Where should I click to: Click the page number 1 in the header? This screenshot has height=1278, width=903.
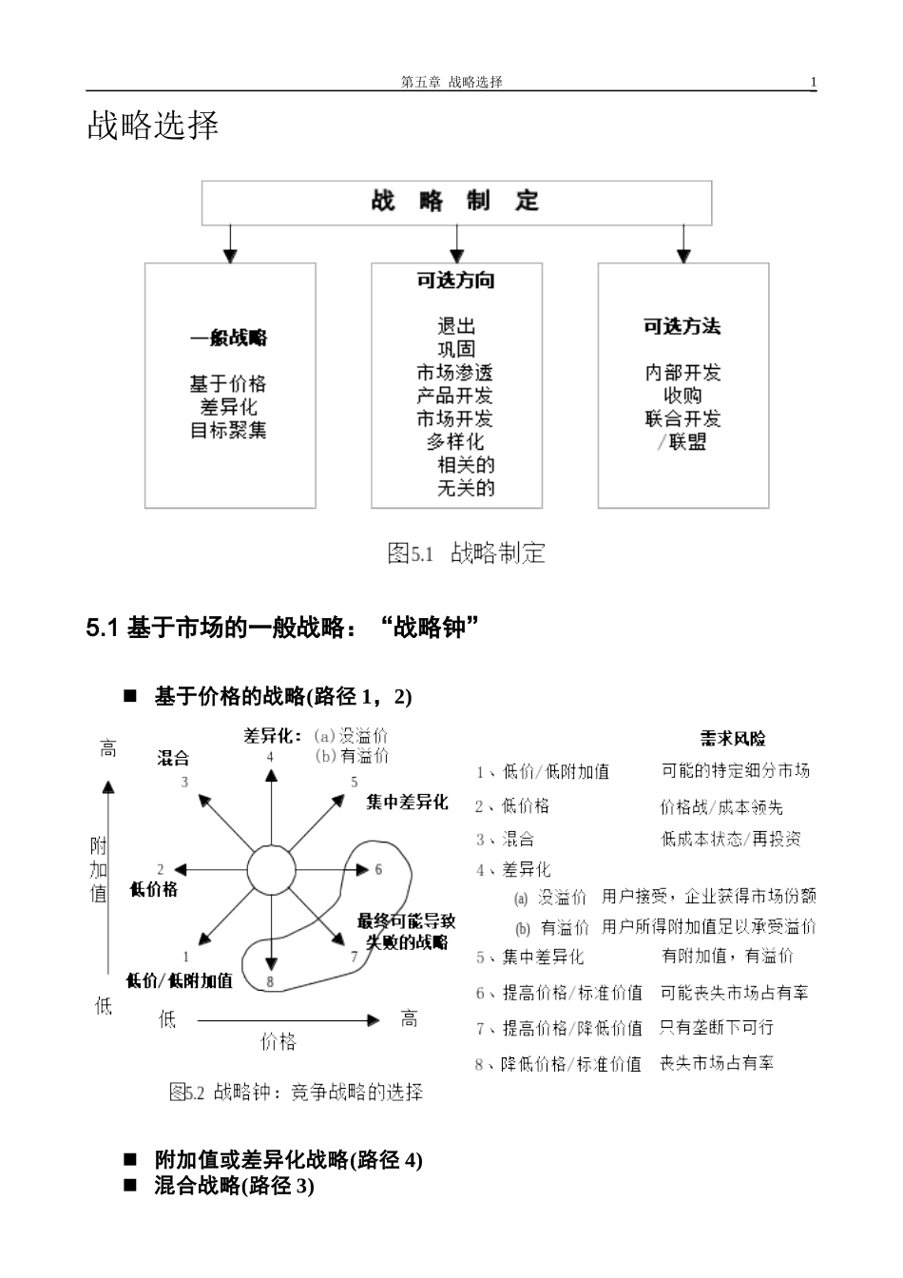pos(813,83)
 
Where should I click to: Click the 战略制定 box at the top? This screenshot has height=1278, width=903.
pos(456,202)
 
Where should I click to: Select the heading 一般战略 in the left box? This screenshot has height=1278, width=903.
pos(229,338)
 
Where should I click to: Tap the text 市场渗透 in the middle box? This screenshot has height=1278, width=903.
pos(455,373)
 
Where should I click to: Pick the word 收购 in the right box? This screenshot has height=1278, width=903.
pos(682,396)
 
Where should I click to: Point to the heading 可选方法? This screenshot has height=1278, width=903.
pos(682,326)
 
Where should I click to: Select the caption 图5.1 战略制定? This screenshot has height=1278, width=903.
pos(466,553)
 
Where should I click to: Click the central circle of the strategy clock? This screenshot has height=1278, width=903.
pos(272,869)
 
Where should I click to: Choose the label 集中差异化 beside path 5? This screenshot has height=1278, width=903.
pos(407,803)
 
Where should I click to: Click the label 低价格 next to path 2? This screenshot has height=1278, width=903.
pos(153,890)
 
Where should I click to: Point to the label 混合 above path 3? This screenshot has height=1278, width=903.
pos(174,758)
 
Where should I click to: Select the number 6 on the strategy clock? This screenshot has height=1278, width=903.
pos(378,869)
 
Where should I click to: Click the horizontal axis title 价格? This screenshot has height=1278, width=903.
pos(279,1042)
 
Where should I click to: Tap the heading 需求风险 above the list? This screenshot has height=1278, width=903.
pos(733,738)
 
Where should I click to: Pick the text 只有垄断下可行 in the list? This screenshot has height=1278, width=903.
pos(717,1027)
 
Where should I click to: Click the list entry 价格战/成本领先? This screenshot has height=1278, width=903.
pos(721,807)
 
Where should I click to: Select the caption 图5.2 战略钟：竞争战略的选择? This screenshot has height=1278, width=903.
pos(296,1092)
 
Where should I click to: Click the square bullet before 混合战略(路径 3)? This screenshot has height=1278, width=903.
pos(131,1186)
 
